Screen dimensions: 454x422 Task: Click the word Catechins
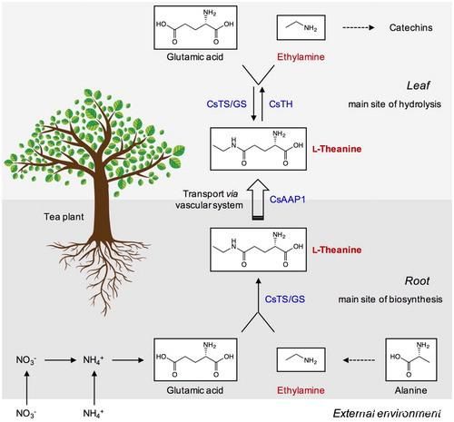pyautogui.click(x=410, y=27)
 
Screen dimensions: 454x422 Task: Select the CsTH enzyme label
pyautogui.click(x=281, y=104)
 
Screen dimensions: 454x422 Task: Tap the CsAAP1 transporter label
pyautogui.click(x=288, y=200)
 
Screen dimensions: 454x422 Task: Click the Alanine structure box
pyautogui.click(x=411, y=359)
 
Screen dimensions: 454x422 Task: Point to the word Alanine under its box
pyautogui.click(x=410, y=390)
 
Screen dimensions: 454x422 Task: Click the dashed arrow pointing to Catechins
pyautogui.click(x=359, y=27)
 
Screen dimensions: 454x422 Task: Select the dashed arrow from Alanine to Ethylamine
pyautogui.click(x=359, y=360)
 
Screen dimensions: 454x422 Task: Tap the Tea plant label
pyautogui.click(x=64, y=217)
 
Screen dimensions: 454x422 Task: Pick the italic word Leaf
pyautogui.click(x=418, y=85)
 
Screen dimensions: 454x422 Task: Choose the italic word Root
pyautogui.click(x=417, y=281)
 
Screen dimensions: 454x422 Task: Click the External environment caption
pyautogui.click(x=387, y=413)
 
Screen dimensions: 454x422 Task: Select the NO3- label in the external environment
pyautogui.click(x=26, y=413)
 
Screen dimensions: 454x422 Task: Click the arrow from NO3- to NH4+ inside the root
pyautogui.click(x=60, y=360)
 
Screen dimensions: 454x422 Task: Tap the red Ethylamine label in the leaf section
pyautogui.click(x=301, y=57)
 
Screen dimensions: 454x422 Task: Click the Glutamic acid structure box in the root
pyautogui.click(x=195, y=359)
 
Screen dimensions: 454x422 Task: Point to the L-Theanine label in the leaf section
pyautogui.click(x=337, y=149)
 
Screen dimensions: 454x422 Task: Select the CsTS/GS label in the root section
pyautogui.click(x=285, y=299)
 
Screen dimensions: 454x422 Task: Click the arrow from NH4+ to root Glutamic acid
pyautogui.click(x=128, y=360)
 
